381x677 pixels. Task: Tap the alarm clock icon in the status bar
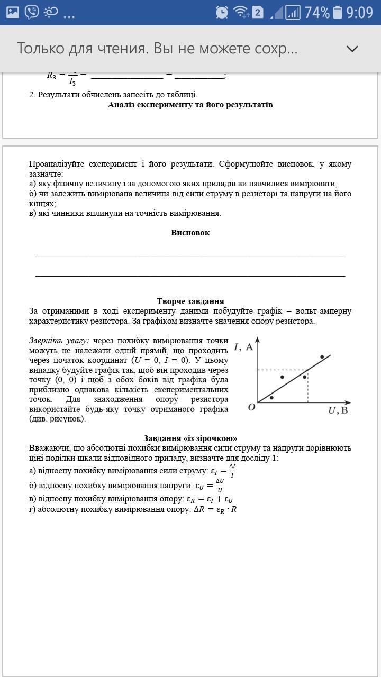222,12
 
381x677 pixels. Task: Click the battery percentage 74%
317,12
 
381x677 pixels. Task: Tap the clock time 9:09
360,12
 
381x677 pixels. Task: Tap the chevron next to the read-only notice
352,49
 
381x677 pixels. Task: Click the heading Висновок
190,233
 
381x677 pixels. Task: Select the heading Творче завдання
190,301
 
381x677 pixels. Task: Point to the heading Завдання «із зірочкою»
190,438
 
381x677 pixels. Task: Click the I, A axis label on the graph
243,347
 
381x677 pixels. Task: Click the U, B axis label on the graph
339,410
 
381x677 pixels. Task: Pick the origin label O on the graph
251,407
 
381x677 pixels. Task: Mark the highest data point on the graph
322,357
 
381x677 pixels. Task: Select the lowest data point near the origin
272,397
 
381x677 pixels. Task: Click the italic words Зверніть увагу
59,341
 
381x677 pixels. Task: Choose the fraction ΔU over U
220,486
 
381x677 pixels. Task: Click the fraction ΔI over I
232,471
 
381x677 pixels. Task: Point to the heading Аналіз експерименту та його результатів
190,105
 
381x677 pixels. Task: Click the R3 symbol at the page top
51,76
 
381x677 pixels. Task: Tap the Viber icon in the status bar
32,12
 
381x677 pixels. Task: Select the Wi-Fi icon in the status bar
241,12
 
